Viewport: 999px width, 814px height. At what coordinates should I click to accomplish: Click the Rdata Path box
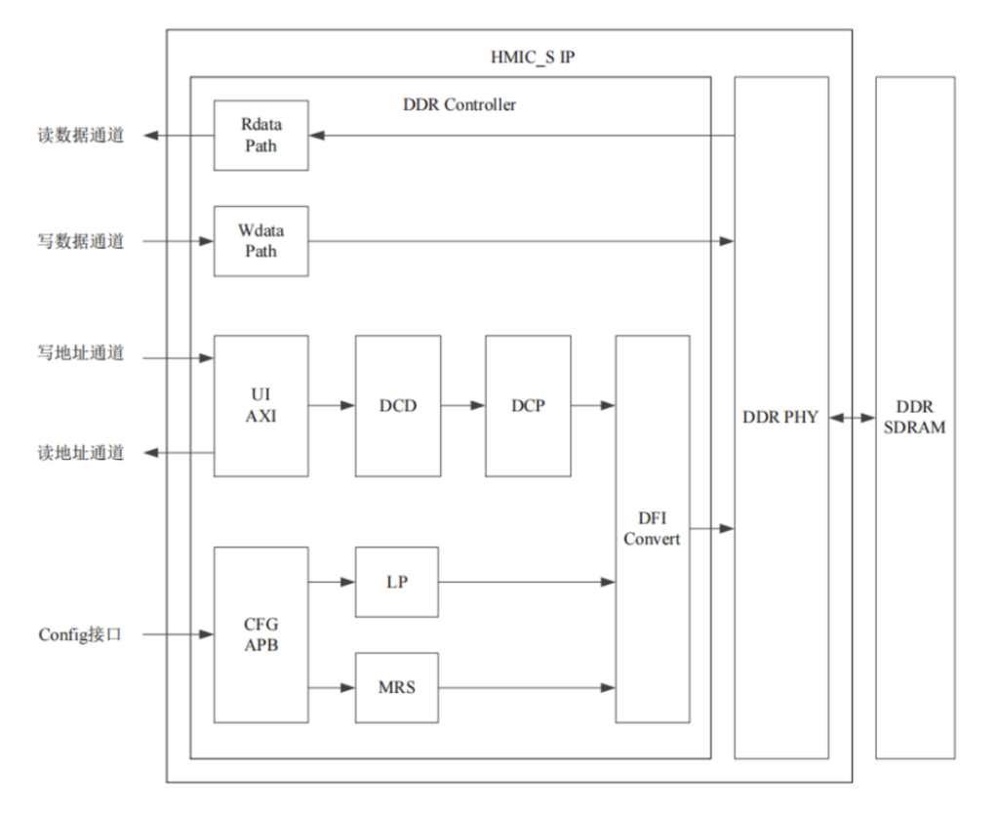(260, 136)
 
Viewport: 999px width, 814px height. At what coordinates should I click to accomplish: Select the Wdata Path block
(260, 241)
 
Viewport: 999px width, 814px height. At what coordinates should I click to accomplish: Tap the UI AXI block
(260, 405)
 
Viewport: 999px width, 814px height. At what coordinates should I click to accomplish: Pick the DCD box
(397, 405)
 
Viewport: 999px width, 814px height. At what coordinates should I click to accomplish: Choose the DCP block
(528, 405)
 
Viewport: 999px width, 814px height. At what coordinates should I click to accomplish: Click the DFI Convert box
(652, 529)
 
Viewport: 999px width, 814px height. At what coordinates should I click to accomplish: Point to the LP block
(397, 583)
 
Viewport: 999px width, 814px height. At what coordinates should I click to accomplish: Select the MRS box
(397, 687)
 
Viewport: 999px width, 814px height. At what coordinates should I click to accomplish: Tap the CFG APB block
(260, 634)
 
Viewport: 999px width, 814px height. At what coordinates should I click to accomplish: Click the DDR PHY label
(780, 418)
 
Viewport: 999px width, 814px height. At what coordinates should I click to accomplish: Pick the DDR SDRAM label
(914, 417)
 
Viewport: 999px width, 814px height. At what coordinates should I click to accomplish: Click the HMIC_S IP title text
(533, 57)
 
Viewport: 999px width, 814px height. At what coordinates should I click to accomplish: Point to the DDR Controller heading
(459, 104)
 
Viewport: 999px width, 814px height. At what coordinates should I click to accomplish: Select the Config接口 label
(81, 635)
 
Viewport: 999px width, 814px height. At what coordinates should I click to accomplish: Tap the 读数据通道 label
(81, 136)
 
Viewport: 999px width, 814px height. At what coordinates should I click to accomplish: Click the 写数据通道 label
(81, 241)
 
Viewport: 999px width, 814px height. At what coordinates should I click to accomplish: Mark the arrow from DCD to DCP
(462, 405)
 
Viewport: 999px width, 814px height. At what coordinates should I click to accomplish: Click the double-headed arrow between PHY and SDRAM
(852, 418)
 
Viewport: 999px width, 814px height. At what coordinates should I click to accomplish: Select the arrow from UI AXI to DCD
(332, 405)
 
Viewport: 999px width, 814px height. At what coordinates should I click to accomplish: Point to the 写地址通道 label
(81, 353)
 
